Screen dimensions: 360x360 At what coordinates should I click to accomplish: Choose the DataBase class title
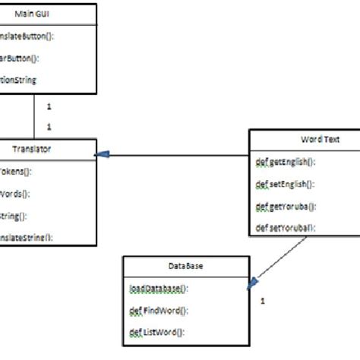(185, 267)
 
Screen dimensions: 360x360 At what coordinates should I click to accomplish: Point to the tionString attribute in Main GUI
(18, 79)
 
